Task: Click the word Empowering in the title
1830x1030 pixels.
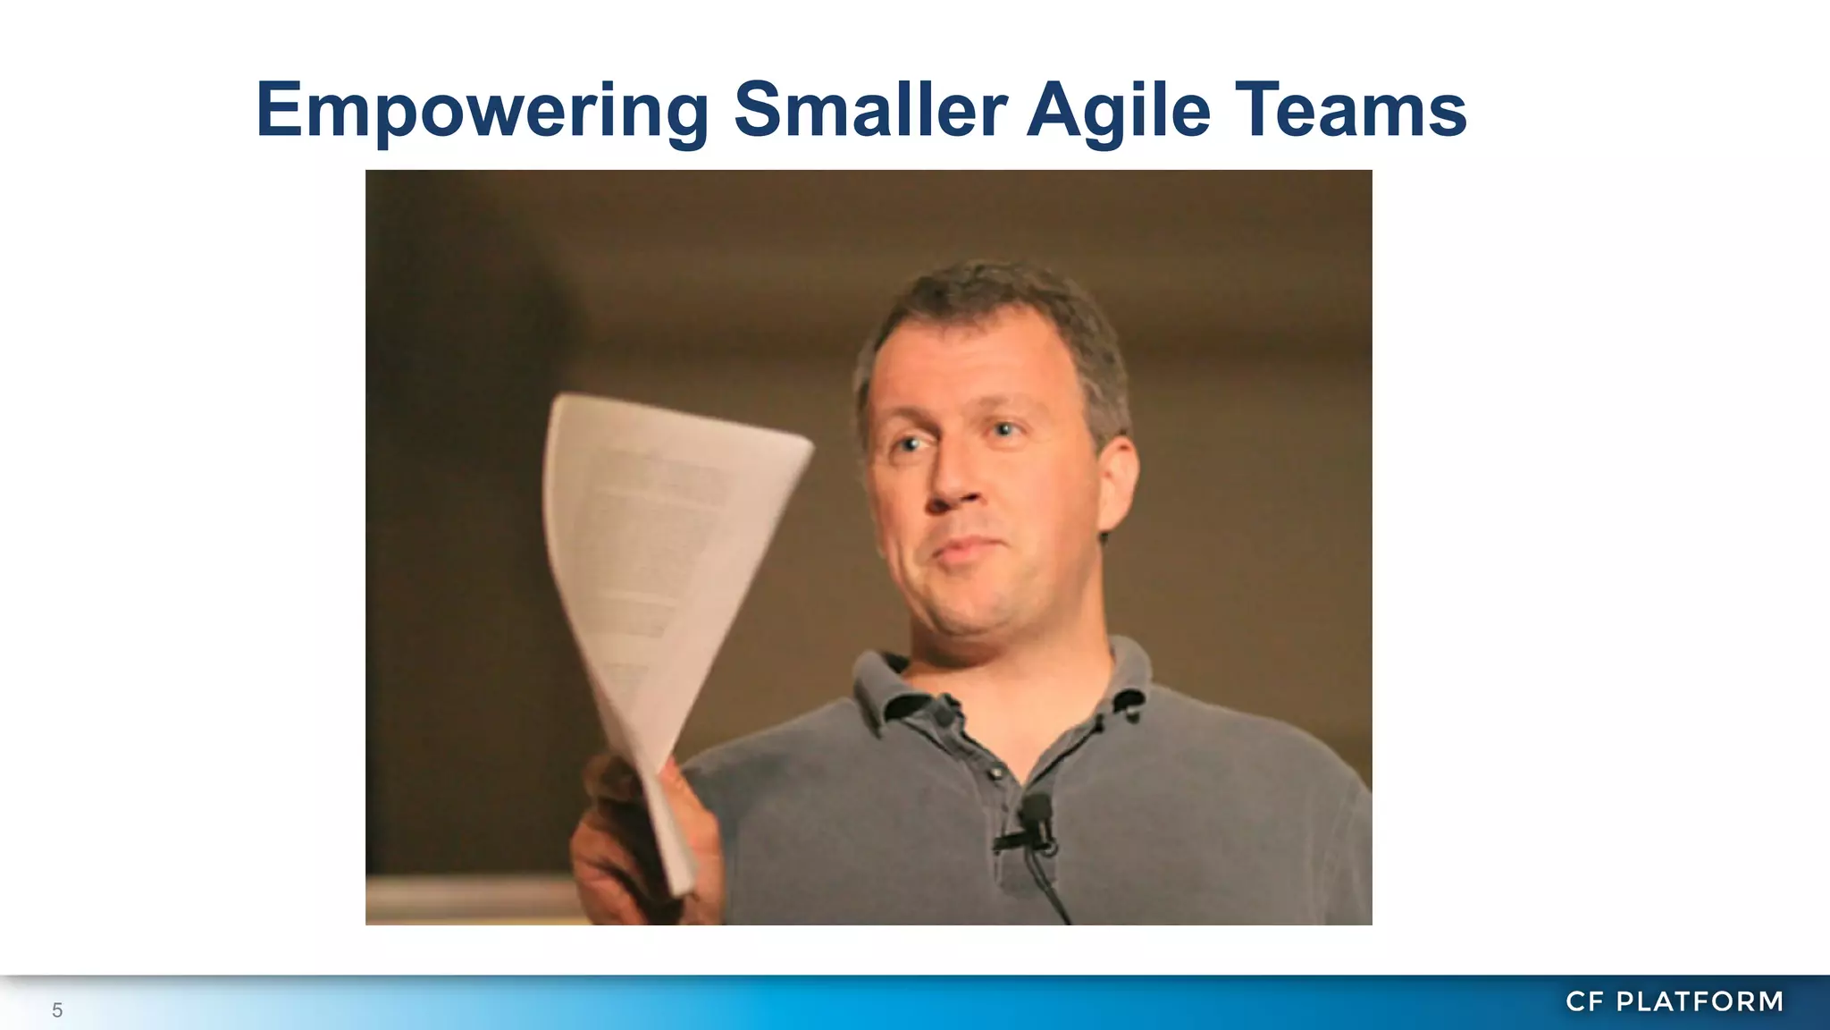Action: [x=483, y=110]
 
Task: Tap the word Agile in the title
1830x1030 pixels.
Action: [x=1119, y=110]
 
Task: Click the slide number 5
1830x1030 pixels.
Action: [x=57, y=1010]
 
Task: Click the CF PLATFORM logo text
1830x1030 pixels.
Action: [x=1675, y=1001]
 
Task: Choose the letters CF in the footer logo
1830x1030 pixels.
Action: [x=1585, y=1001]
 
